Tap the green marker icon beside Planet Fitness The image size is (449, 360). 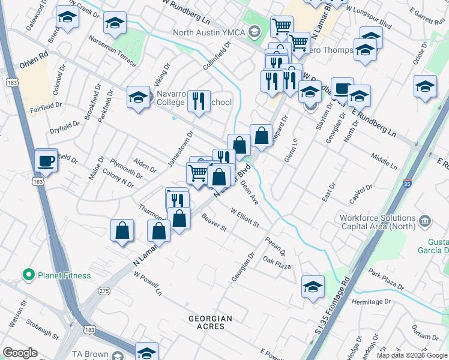click(28, 275)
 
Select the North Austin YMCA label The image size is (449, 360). click(210, 32)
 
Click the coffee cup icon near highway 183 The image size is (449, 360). click(46, 161)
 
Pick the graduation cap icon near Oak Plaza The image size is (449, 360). click(313, 288)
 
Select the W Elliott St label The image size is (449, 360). click(244, 217)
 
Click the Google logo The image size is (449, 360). click(20, 352)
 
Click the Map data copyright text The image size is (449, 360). click(411, 355)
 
